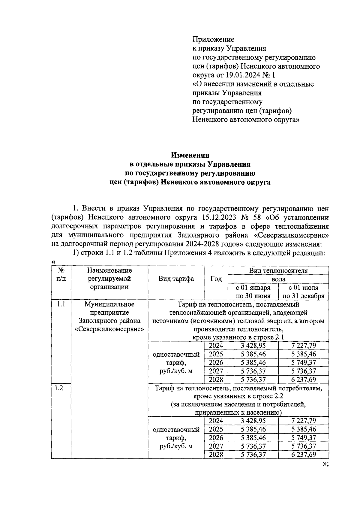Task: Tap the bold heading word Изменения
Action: [190, 155]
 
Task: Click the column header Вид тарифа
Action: [176, 279]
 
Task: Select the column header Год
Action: [216, 279]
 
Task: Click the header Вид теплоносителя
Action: [278, 271]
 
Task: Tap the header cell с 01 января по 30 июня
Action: [253, 292]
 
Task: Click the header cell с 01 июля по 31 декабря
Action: [303, 292]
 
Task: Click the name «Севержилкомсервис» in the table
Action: [109, 329]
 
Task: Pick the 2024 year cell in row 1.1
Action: [216, 346]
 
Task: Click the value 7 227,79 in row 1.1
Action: [303, 346]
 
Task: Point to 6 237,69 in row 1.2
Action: [303, 455]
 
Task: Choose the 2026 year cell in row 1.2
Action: [216, 438]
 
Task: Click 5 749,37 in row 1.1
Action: [303, 362]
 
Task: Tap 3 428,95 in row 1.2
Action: [253, 421]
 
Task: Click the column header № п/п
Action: [61, 274]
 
